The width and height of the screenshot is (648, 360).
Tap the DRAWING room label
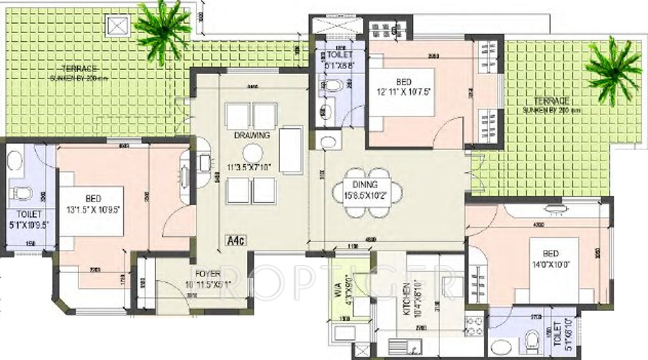[251, 135]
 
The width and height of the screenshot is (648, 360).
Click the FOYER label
[207, 274]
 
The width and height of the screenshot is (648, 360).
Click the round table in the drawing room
[252, 153]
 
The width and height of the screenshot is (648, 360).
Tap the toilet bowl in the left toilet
[21, 193]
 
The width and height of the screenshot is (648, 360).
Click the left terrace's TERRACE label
[78, 68]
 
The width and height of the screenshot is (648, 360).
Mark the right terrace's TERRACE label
[552, 102]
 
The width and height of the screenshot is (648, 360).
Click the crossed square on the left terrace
[117, 26]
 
